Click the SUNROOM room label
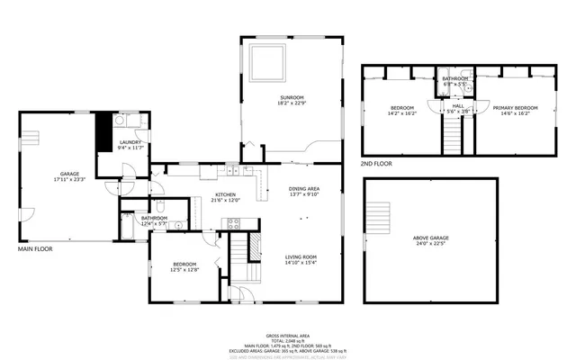pyautogui.click(x=292, y=96)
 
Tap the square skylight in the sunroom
pyautogui.click(x=267, y=62)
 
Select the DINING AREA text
pyautogui.click(x=304, y=188)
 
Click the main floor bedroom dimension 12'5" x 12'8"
pyautogui.click(x=185, y=270)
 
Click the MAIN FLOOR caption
pyautogui.click(x=35, y=248)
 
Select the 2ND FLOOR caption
pyautogui.click(x=376, y=164)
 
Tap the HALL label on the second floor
pyautogui.click(x=457, y=105)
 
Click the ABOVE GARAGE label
pyautogui.click(x=431, y=238)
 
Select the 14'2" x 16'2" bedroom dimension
pyautogui.click(x=402, y=113)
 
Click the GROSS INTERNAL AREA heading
pyautogui.click(x=287, y=333)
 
